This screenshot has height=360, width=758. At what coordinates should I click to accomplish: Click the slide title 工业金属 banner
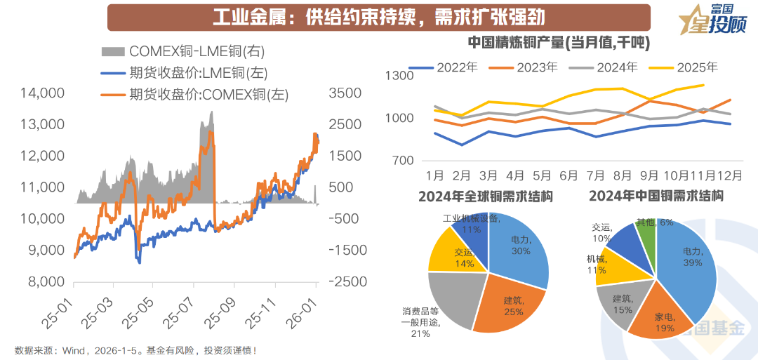coord(379,16)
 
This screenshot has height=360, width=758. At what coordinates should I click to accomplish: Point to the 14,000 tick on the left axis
coord(43,93)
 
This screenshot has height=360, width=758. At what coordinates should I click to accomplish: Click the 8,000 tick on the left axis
coord(46,281)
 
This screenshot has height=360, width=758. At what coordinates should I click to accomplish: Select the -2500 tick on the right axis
coord(344,281)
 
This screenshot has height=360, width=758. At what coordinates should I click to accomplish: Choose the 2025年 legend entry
coord(697,68)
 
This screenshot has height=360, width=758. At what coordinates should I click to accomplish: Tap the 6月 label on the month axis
coord(568,175)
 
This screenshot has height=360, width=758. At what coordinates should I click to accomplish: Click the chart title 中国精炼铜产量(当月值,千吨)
coord(558,43)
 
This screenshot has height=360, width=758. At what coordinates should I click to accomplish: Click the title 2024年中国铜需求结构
coord(656,196)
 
